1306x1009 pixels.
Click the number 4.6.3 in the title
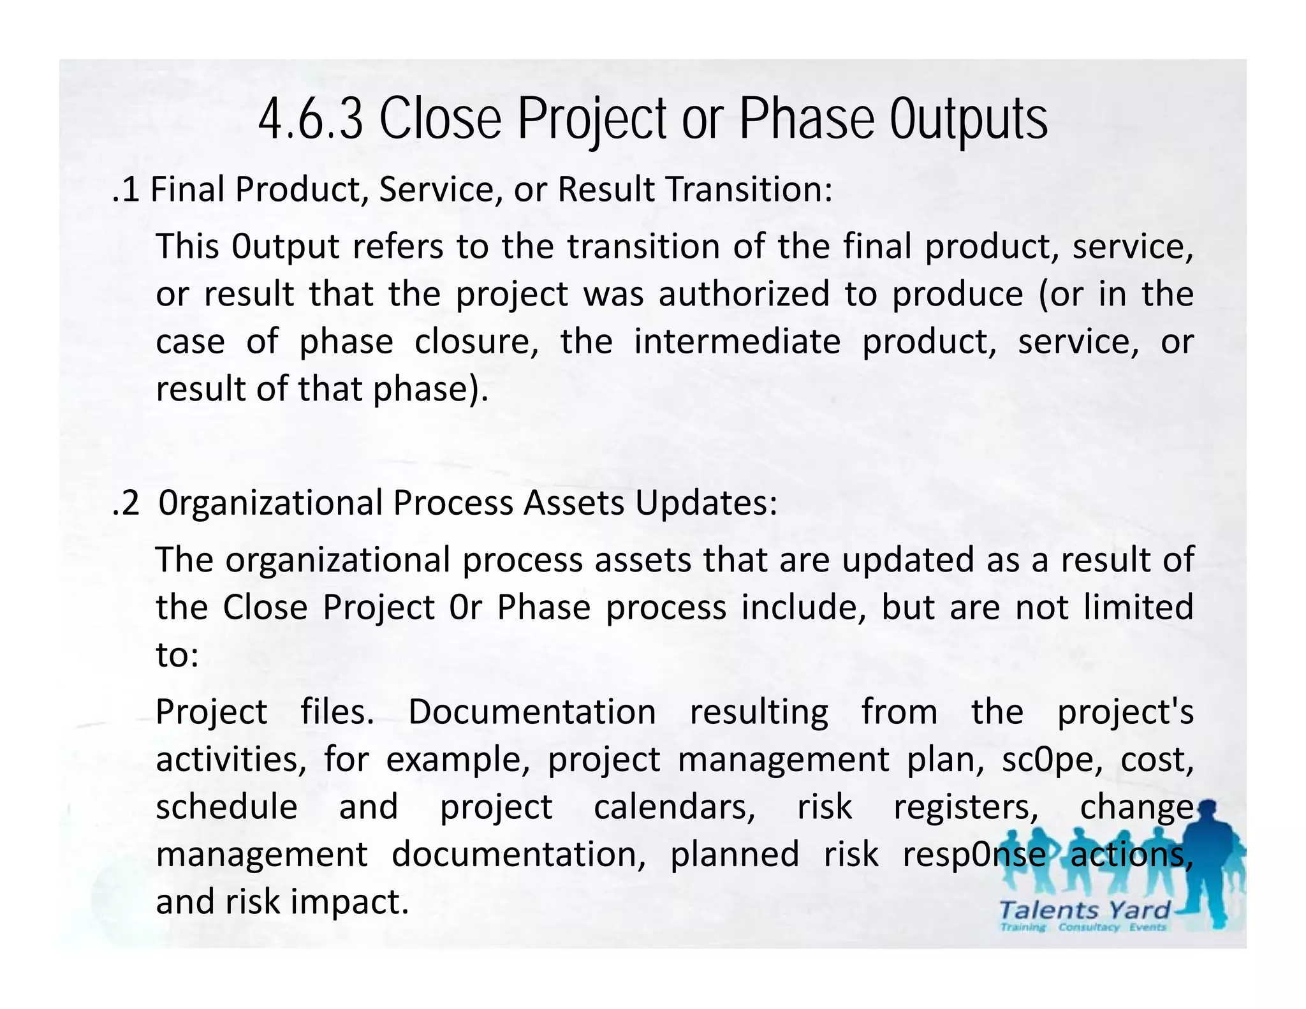pos(311,119)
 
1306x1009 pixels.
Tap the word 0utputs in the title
pos(969,119)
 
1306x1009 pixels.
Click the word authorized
pos(744,294)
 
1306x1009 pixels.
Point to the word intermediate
pos(737,342)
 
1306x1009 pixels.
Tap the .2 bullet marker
pos(125,503)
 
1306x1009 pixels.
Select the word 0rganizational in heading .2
pos(270,503)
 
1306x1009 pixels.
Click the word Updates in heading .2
pos(705,503)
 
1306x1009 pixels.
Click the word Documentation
pos(532,712)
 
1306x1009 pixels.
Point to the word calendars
pos(674,807)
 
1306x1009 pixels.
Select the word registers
pos(965,807)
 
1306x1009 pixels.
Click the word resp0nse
pos(974,855)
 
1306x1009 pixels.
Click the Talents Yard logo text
pos(1084,910)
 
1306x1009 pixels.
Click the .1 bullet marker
pos(125,189)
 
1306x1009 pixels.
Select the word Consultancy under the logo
pos(1089,927)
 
